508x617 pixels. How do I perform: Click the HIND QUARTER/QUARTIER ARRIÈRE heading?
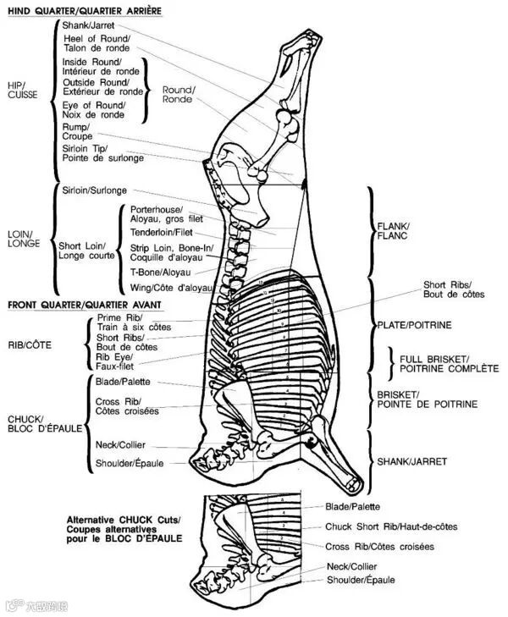click(x=86, y=10)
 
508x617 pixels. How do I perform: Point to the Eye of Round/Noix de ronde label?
click(x=93, y=110)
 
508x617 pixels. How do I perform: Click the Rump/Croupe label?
click(x=77, y=131)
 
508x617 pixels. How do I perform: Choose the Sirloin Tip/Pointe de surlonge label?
click(x=102, y=153)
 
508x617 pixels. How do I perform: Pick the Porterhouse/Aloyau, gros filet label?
click(x=167, y=213)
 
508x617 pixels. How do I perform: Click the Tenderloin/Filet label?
click(x=161, y=232)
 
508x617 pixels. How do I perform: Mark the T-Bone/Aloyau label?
click(x=160, y=272)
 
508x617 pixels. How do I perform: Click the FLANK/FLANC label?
click(x=392, y=231)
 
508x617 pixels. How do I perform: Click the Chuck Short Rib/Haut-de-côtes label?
click(x=391, y=526)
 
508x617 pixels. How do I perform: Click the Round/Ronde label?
click(x=179, y=95)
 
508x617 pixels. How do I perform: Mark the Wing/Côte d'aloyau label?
click(x=170, y=288)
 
